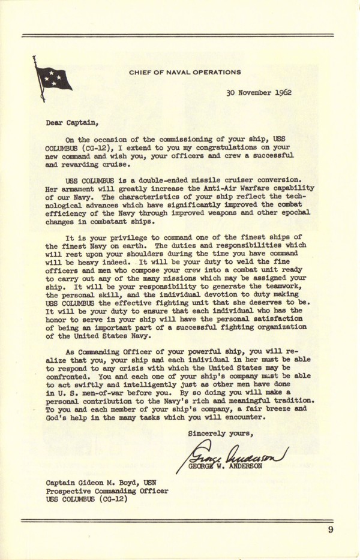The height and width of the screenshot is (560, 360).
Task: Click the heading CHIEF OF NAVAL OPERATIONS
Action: coord(185,72)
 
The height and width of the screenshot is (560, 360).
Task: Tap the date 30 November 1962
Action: coord(259,94)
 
